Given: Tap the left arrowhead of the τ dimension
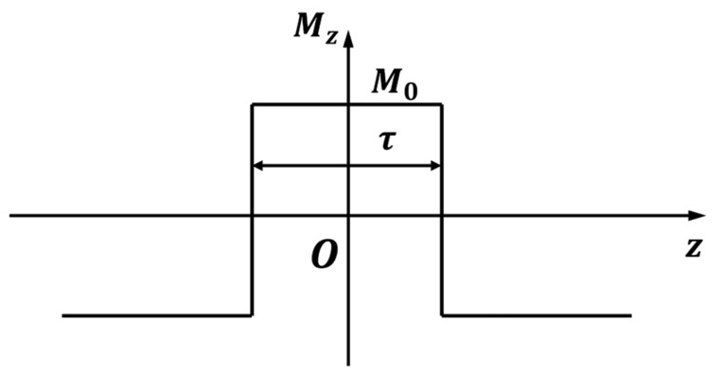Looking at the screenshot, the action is tap(257, 166).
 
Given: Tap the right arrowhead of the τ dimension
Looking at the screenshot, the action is tap(436, 166).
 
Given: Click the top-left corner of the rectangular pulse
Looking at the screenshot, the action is tap(252, 105).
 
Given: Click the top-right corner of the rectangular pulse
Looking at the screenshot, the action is tap(442, 105).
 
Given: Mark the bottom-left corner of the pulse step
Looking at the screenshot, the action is tap(252, 315).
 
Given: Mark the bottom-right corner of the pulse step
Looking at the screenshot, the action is tap(442, 315).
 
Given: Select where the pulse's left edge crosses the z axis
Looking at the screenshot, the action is tap(252, 215).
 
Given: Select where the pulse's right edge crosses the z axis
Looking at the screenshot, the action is tap(442, 215).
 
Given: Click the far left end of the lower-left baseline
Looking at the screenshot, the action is tap(63, 315).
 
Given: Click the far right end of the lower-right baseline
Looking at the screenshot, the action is tap(631, 315).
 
